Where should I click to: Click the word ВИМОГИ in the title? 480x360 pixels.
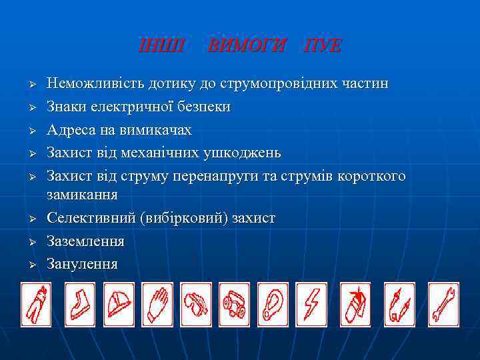pyautogui.click(x=247, y=45)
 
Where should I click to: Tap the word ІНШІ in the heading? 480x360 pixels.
pyautogui.click(x=155, y=45)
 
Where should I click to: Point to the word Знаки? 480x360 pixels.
pyautogui.click(x=64, y=107)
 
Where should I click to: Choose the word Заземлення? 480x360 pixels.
pyautogui.click(x=85, y=241)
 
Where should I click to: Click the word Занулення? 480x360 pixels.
pyautogui.click(x=82, y=263)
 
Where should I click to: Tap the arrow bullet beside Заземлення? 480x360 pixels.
pyautogui.click(x=31, y=242)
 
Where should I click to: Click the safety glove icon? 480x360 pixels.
pyautogui.click(x=157, y=305)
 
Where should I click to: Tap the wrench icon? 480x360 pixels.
pyautogui.click(x=443, y=305)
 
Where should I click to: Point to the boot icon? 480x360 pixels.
pyautogui.click(x=79, y=305)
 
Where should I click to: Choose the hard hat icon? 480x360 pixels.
pyautogui.click(x=118, y=305)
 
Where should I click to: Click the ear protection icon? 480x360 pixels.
pyautogui.click(x=273, y=305)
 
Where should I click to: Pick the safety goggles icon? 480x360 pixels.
pyautogui.click(x=196, y=305)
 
